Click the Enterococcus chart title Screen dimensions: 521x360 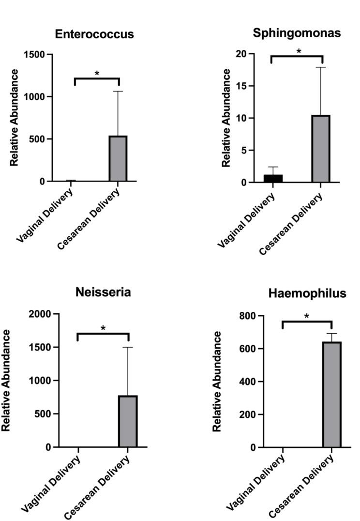[x=94, y=34]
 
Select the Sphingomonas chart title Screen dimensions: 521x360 [x=297, y=33]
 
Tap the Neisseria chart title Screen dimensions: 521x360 [x=103, y=292]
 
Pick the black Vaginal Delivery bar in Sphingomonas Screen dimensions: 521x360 [x=273, y=178]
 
